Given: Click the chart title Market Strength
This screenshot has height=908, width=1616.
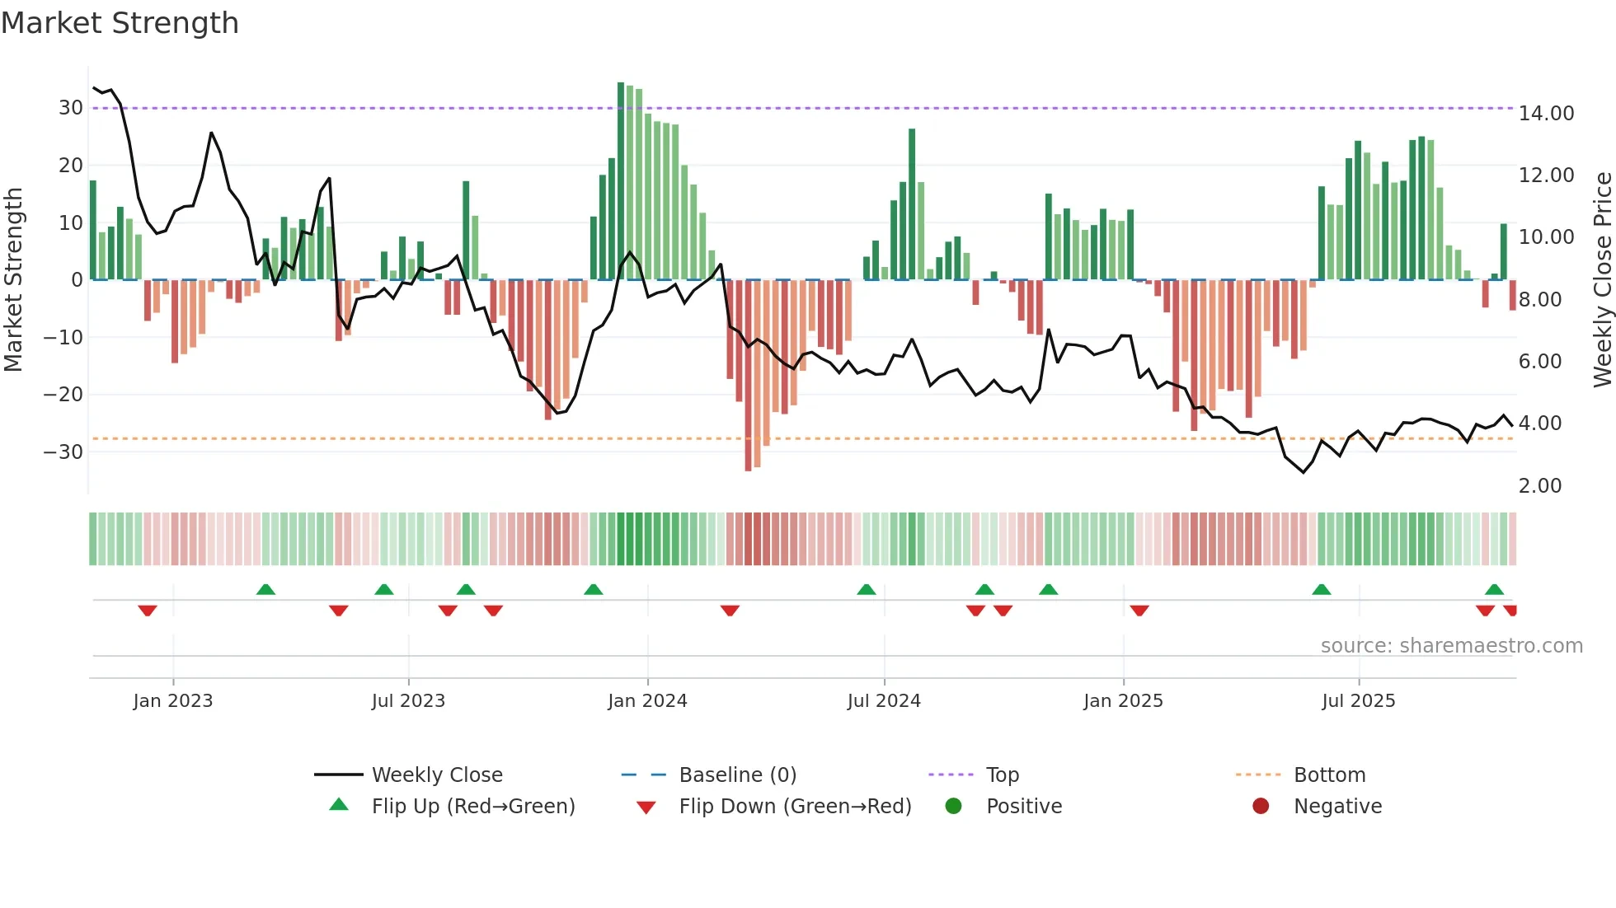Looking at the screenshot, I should click(120, 23).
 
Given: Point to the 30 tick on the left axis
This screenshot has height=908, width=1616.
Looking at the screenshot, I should click(71, 108).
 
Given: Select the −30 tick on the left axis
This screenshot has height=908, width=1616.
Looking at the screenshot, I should click(64, 452).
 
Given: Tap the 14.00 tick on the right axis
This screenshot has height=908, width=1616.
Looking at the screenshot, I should click(1546, 114).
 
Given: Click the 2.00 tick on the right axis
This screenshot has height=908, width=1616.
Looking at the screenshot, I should click(1539, 486).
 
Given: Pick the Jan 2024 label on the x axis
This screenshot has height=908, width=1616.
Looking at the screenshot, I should click(647, 701).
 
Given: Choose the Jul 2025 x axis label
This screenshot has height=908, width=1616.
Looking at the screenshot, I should click(1358, 701).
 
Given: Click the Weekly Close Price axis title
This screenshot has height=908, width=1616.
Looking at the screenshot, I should click(1602, 280).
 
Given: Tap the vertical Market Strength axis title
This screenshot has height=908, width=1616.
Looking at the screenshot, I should click(13, 280).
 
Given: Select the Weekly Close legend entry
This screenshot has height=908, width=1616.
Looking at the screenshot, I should click(436, 775).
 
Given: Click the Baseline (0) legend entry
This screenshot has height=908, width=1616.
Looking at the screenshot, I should click(737, 775).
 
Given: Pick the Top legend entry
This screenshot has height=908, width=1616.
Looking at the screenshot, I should click(1002, 775).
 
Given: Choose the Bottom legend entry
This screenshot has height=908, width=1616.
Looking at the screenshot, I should click(1329, 775).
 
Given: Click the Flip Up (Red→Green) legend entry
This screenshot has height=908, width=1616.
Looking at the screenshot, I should click(472, 807).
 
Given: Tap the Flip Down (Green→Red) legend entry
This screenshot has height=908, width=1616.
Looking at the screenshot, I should click(795, 807).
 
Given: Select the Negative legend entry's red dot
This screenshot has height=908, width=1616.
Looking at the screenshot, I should click(1261, 807).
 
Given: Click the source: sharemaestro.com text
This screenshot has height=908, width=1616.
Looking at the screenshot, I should click(1451, 646).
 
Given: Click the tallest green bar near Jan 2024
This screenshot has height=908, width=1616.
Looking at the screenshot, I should click(621, 181).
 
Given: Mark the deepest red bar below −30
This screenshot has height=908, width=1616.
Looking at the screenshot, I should click(748, 375).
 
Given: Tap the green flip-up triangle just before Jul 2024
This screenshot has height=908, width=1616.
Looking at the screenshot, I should click(866, 590).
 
